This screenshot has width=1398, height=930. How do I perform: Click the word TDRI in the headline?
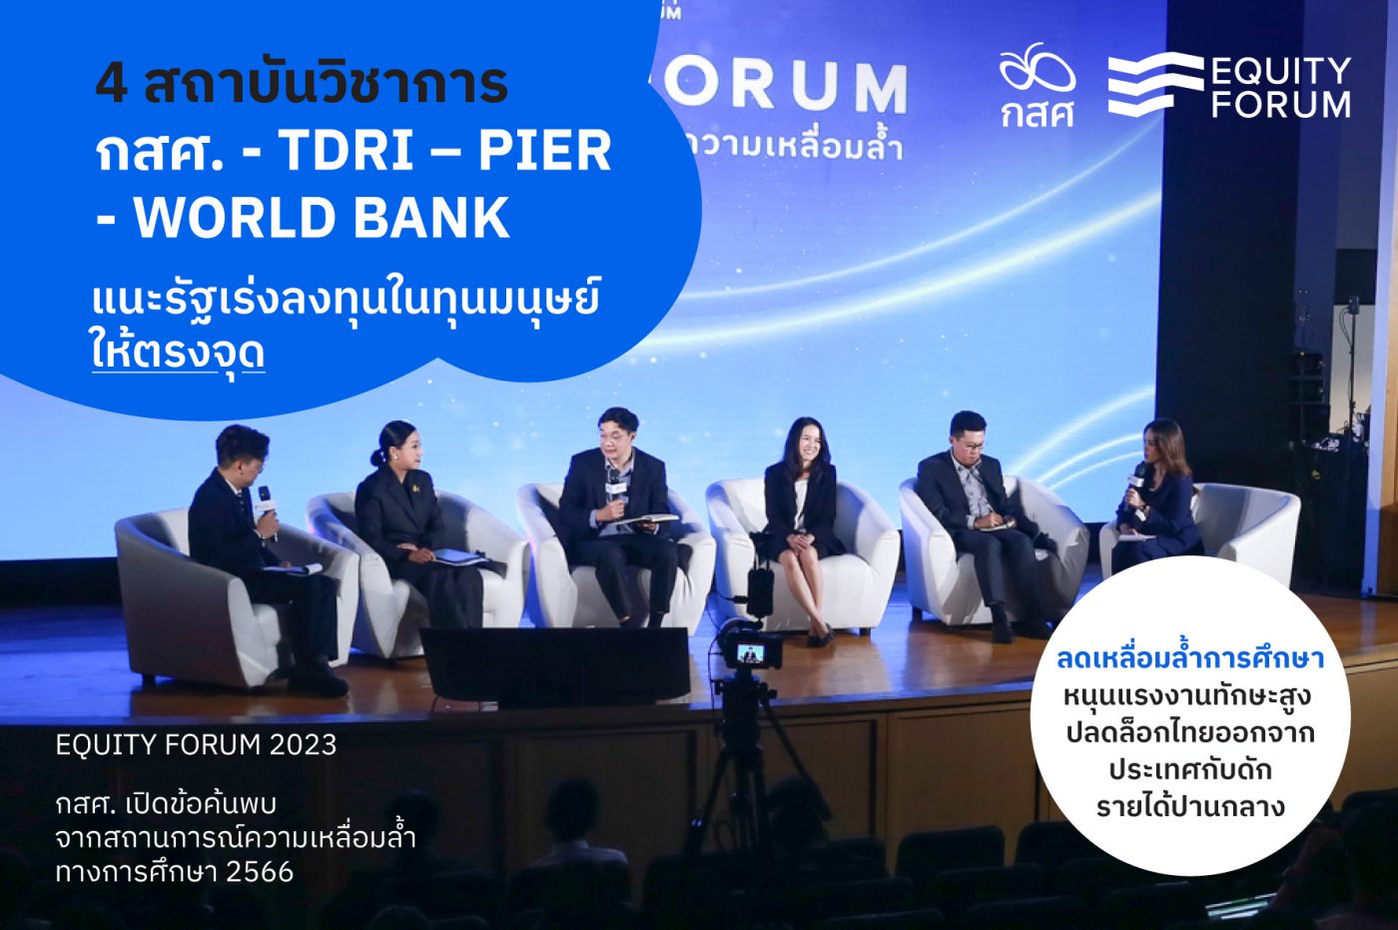347,151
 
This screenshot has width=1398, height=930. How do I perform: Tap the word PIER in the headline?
545,151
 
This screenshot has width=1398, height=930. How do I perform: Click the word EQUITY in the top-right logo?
1280,72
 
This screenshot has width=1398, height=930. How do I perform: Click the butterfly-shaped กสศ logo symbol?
1037,67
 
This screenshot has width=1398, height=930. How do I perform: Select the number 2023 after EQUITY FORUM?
302,745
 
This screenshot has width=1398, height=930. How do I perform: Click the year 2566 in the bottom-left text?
260,872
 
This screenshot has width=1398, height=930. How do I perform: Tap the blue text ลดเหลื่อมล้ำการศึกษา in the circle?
1189,660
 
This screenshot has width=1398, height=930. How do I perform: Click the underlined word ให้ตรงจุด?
179,353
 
